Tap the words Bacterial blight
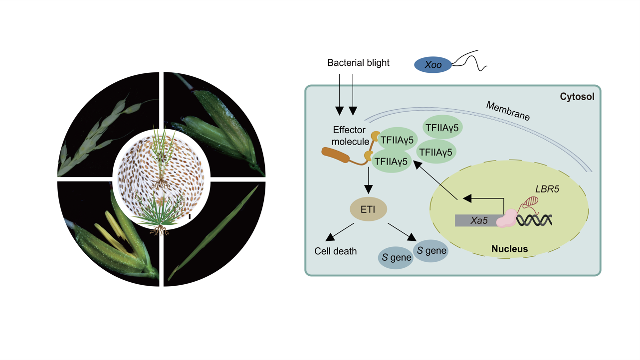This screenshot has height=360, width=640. (x=358, y=63)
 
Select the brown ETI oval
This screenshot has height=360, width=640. (x=368, y=210)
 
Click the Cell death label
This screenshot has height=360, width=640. (x=335, y=251)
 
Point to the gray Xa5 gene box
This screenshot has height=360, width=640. (x=478, y=220)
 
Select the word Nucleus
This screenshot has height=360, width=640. (x=509, y=249)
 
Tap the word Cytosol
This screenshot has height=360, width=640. (x=577, y=97)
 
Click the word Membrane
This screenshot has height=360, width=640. (x=508, y=111)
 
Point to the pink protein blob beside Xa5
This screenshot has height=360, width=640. (x=506, y=218)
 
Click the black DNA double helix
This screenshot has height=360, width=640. (x=534, y=220)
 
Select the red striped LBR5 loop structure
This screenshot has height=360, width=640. (x=531, y=201)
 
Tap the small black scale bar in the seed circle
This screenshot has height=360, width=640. (x=190, y=216)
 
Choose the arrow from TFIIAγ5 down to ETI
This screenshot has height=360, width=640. (x=368, y=181)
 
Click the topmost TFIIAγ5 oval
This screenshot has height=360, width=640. (x=442, y=128)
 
